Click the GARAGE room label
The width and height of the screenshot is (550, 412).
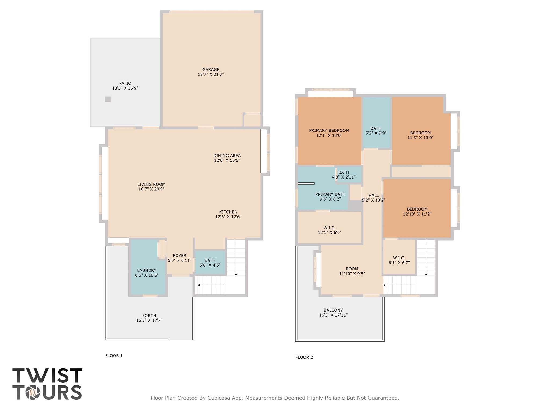211,70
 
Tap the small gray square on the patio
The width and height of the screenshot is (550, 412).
108,99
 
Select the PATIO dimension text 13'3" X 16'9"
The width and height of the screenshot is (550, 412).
125,88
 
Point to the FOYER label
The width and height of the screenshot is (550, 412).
179,256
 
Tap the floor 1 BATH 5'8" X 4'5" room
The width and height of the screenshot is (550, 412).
210,263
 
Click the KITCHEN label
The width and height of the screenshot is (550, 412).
228,212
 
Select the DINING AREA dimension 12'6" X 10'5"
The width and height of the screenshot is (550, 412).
227,160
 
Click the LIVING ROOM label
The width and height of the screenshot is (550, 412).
151,185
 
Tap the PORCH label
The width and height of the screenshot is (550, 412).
149,315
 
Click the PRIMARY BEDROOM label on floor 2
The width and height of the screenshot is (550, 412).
329,131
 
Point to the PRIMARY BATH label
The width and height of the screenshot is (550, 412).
330,194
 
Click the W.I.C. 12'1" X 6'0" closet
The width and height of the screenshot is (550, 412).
329,230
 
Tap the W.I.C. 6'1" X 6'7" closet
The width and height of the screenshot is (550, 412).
399,260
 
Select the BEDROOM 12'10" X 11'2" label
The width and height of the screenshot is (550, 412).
417,209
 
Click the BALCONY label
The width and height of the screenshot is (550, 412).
333,310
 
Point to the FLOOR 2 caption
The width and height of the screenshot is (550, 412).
304,357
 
